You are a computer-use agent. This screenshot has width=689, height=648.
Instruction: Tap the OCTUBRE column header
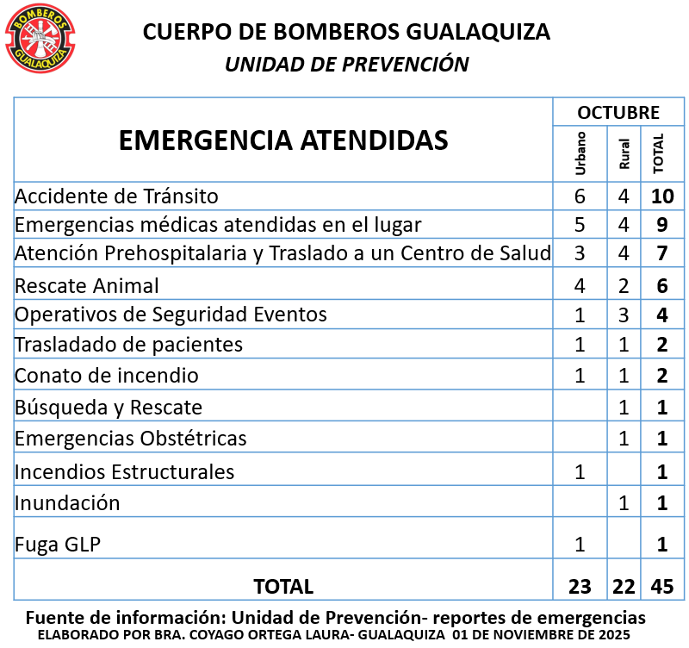coord(618,113)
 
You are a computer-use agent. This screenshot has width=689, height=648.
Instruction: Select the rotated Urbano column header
coord(580,153)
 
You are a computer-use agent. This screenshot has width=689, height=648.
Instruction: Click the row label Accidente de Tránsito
coord(116,196)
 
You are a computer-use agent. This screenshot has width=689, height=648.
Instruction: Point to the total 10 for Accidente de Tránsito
coord(661,196)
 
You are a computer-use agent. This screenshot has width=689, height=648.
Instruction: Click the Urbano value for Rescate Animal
coord(580,285)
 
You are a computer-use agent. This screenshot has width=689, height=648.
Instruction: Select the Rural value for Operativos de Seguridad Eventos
coord(624,315)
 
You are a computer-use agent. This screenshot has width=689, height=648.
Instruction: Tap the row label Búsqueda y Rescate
coord(109,407)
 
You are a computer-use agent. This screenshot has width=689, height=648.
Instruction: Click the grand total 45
coord(661,587)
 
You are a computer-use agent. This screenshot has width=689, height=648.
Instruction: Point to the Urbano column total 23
coord(580,587)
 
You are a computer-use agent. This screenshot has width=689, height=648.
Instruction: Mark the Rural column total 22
coord(624,587)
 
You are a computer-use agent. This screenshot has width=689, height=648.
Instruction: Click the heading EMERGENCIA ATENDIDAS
coord(283,140)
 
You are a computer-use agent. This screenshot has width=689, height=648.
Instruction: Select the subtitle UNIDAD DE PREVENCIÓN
coord(346,65)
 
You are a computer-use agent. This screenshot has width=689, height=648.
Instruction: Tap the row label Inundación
coord(67,502)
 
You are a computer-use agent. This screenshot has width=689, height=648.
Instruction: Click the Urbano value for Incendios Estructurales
coord(580,471)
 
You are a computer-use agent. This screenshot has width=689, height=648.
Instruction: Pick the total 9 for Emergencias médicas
coord(661,226)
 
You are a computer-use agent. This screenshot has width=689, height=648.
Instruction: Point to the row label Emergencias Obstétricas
coord(131,438)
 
